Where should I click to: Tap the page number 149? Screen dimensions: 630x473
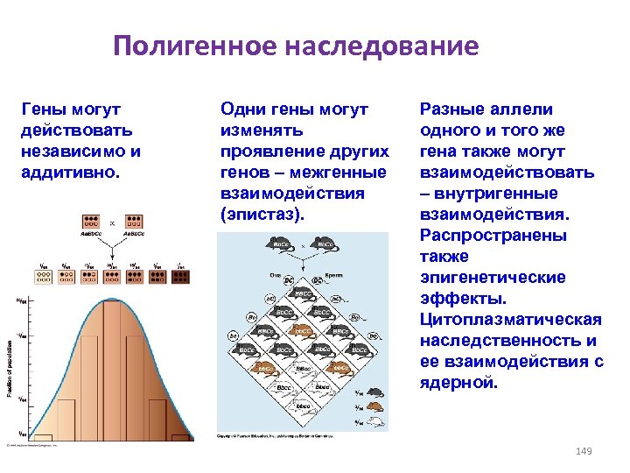[584, 451]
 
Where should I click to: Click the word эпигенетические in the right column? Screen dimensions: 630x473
[493, 278]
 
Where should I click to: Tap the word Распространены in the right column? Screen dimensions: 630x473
[493, 236]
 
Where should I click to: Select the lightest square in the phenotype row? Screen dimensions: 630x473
[41, 277]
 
